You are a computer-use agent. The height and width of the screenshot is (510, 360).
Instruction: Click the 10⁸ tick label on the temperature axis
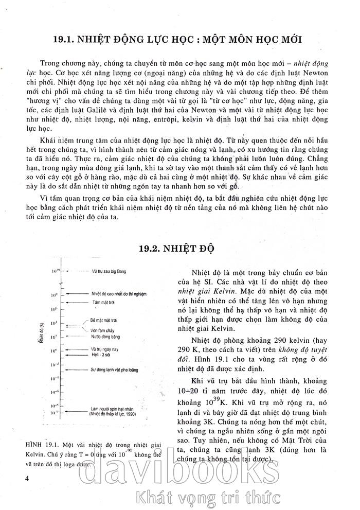53,295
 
